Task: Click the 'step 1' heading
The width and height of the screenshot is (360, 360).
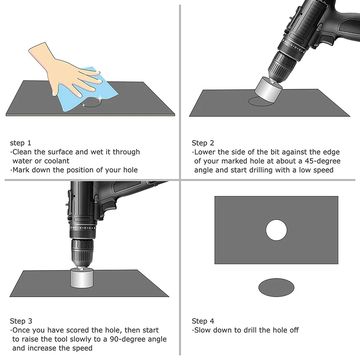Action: click(x=20, y=143)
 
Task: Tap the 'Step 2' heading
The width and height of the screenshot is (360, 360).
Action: click(x=202, y=143)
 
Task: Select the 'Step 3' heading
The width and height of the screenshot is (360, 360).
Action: click(x=21, y=321)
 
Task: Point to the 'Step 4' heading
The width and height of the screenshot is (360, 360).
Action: click(x=203, y=321)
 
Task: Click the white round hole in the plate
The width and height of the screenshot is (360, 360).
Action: click(x=276, y=230)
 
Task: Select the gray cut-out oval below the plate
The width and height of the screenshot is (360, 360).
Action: click(x=276, y=287)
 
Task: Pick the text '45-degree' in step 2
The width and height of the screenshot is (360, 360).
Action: click(x=323, y=161)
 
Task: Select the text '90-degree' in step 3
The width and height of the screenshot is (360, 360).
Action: click(x=149, y=339)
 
